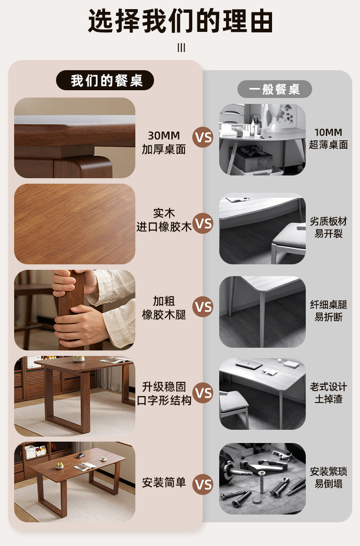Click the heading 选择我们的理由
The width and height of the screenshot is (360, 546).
point(180,21)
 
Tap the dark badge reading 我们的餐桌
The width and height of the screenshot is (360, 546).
point(105,80)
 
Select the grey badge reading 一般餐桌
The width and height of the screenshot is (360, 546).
point(274,89)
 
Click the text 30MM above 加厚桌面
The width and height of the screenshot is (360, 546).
point(164,135)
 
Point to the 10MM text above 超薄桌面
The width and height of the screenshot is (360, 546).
point(328,132)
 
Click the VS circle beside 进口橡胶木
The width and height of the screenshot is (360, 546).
point(203,223)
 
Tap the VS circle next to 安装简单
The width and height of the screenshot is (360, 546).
point(203,484)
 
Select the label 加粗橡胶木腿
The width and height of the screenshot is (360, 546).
point(164,308)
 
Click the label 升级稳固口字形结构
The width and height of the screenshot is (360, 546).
point(164,393)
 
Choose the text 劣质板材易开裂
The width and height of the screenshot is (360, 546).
point(328,227)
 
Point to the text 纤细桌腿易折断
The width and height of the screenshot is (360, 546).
point(328,311)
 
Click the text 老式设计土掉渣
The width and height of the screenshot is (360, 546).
point(328,393)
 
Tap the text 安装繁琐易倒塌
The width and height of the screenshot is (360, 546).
point(328,477)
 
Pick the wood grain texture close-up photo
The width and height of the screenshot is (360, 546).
point(75,224)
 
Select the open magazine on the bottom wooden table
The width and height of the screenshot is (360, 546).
point(85,467)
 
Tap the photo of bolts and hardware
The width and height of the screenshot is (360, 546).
point(262,479)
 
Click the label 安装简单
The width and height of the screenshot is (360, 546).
point(164,483)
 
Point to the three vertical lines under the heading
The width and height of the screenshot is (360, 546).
point(181,48)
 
